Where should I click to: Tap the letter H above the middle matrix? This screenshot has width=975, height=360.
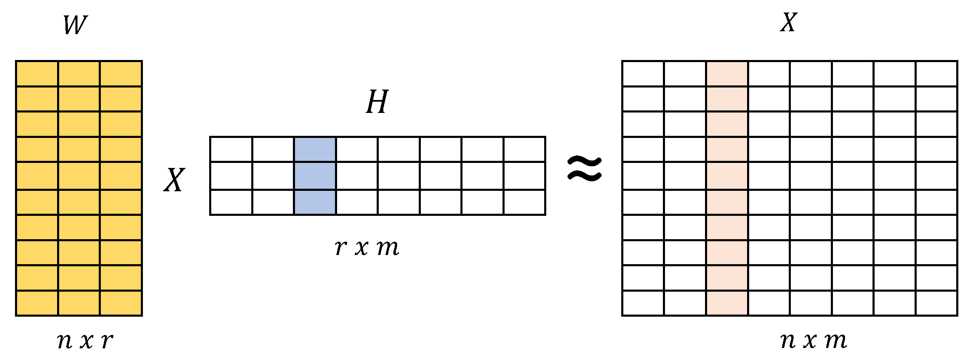tap(377, 102)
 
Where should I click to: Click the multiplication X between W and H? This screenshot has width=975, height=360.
tap(174, 180)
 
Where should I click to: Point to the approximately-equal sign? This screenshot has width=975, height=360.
tap(585, 169)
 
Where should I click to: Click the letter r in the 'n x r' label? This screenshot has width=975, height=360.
tap(107, 340)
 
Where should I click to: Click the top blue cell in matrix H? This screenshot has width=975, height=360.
tap(315, 149)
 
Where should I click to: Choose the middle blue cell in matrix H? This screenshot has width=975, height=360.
tap(315, 176)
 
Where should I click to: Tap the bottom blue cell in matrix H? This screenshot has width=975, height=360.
tap(315, 202)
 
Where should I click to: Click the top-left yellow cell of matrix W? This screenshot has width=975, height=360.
tap(37, 74)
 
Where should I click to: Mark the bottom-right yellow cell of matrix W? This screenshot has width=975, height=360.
tap(121, 303)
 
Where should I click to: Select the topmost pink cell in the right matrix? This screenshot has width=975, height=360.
tap(727, 74)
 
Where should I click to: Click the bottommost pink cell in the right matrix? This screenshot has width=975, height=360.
tap(727, 303)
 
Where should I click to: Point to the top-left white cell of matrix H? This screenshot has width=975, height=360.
tap(231, 149)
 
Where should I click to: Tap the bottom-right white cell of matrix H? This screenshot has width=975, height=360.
tap(524, 202)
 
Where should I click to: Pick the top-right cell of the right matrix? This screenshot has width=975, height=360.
tap(936, 74)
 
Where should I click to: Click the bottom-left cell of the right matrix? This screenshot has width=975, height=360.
tap(643, 303)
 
